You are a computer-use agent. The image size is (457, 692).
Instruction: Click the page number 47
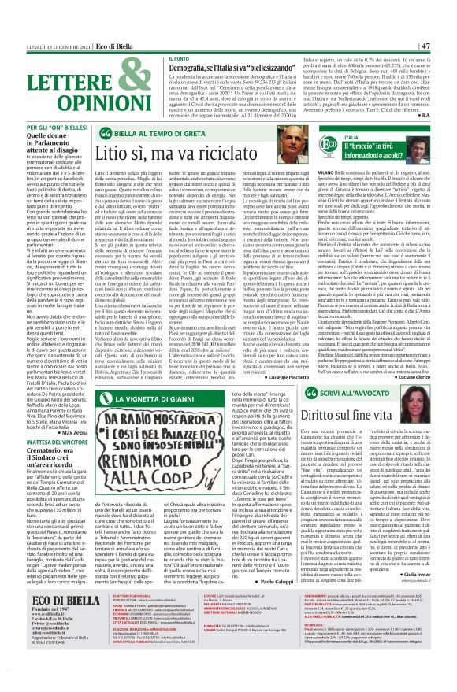coord(447,45)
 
